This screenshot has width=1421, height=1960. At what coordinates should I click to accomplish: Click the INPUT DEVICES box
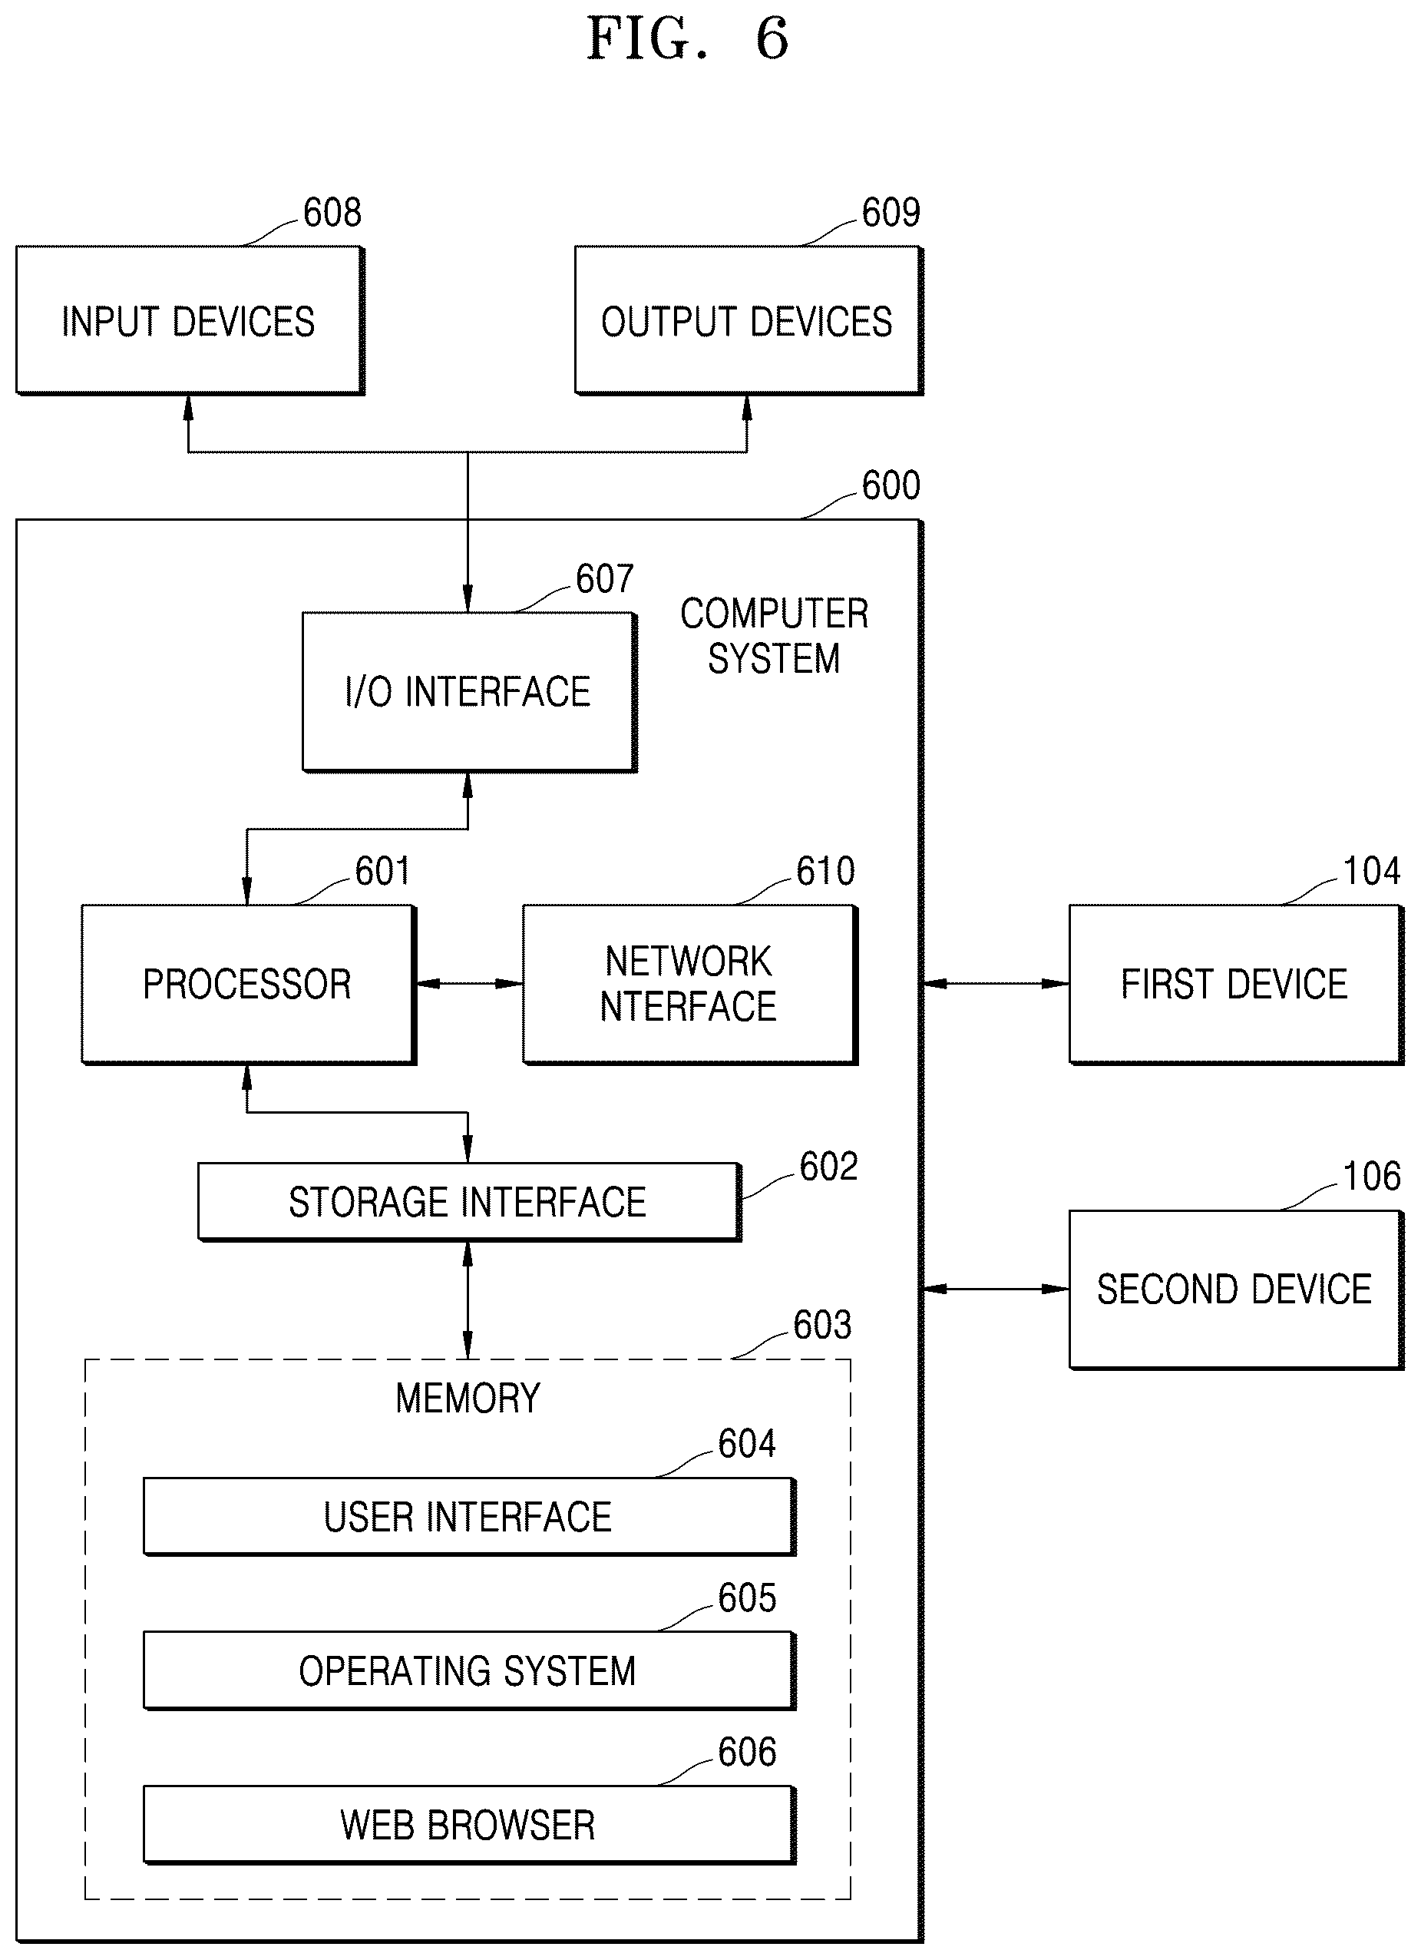click(190, 320)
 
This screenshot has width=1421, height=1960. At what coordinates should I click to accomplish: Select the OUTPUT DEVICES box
click(749, 320)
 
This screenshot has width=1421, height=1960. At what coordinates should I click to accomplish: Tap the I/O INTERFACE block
click(469, 691)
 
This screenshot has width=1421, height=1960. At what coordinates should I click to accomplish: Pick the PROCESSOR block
click(249, 985)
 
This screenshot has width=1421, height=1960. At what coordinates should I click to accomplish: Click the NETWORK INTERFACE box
click(690, 985)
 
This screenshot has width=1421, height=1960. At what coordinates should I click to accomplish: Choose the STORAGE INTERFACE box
click(469, 1202)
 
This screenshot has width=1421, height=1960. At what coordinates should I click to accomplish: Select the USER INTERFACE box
click(469, 1517)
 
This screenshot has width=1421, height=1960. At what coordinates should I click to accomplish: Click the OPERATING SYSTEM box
click(469, 1670)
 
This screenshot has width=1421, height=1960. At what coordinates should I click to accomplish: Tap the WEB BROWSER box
click(469, 1824)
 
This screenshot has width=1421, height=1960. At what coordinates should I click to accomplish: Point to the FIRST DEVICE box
click(1236, 985)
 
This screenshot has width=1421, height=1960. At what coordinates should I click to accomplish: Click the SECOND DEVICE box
click(1236, 1290)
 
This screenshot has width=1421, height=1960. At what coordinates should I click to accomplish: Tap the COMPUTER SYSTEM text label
click(774, 636)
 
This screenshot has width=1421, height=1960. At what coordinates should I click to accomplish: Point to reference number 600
click(891, 485)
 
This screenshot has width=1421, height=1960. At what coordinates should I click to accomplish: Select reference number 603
click(822, 1325)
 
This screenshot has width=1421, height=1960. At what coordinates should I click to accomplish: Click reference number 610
click(826, 871)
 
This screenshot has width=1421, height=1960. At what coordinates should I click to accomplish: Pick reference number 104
click(1372, 871)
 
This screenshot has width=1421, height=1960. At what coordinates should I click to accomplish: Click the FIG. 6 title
click(688, 39)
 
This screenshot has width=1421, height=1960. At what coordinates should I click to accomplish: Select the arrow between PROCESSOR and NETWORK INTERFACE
click(470, 984)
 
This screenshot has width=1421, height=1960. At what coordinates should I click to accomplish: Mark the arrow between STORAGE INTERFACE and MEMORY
click(468, 1300)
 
